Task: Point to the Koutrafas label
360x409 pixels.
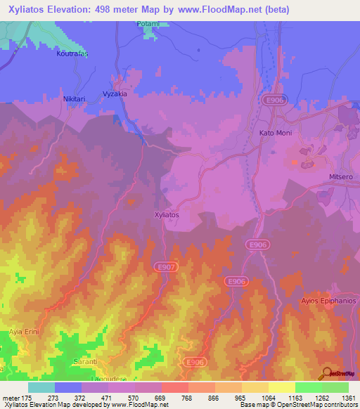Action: (76, 53)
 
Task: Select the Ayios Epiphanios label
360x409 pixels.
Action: (329, 301)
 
